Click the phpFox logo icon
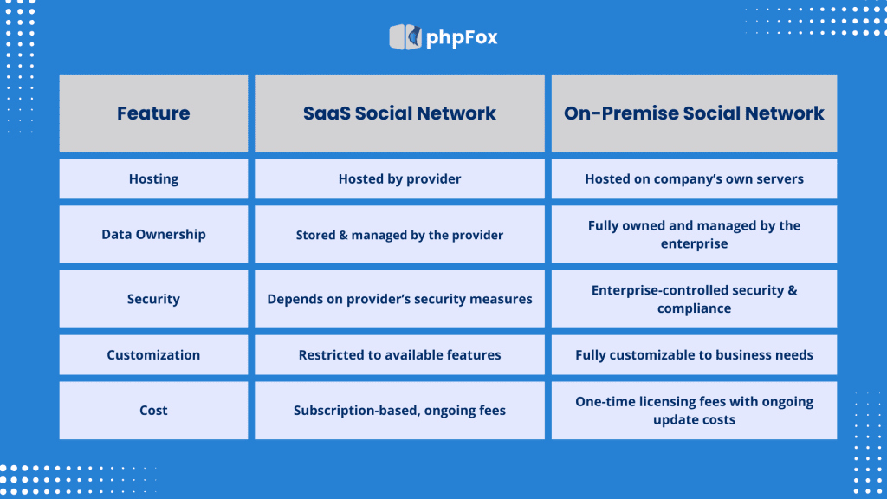click(x=405, y=37)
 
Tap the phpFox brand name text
click(x=462, y=38)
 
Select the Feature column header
click(x=153, y=113)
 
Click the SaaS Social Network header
click(x=399, y=113)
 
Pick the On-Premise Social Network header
click(x=694, y=113)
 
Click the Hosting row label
click(x=153, y=179)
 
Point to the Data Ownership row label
click(x=153, y=235)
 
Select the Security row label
click(x=153, y=299)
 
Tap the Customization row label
click(x=153, y=355)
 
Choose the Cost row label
click(x=153, y=411)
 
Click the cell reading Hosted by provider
click(x=399, y=179)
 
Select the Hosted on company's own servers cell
click(x=694, y=179)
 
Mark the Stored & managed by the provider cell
click(x=399, y=235)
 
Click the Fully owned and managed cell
click(x=694, y=235)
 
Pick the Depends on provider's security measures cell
click(x=399, y=299)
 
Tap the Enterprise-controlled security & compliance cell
click(x=694, y=299)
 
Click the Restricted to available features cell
click(x=399, y=355)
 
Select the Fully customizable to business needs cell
click(x=694, y=355)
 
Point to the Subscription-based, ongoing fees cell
click(x=399, y=411)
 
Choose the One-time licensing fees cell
click(x=694, y=411)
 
